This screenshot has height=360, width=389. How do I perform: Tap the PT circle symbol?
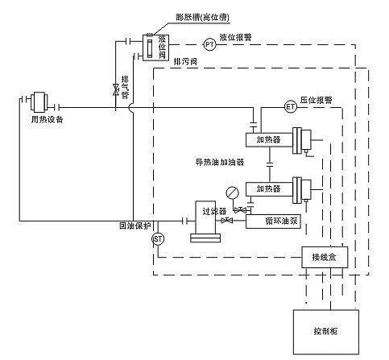(x=209, y=45)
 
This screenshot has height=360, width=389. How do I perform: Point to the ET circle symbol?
(x=291, y=106)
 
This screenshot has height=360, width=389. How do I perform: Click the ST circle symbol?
(x=158, y=238)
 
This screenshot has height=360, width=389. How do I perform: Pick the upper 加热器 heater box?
(x=268, y=139)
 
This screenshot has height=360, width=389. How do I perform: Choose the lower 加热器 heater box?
(x=268, y=188)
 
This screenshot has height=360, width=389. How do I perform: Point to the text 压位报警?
(x=317, y=101)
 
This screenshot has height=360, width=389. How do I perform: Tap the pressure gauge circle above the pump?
(x=232, y=191)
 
